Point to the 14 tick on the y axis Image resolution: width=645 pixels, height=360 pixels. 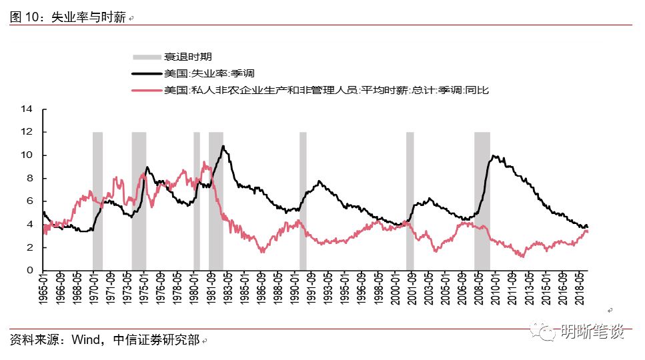pyautogui.click(x=27, y=109)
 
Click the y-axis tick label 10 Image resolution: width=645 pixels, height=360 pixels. pyautogui.click(x=27, y=155)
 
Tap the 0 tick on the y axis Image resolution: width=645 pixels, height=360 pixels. pyautogui.click(x=30, y=271)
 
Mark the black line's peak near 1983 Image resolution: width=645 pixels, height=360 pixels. pyautogui.click(x=223, y=146)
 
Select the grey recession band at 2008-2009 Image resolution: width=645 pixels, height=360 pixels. pyautogui.click(x=482, y=200)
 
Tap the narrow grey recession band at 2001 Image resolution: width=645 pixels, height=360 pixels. pyautogui.click(x=410, y=200)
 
